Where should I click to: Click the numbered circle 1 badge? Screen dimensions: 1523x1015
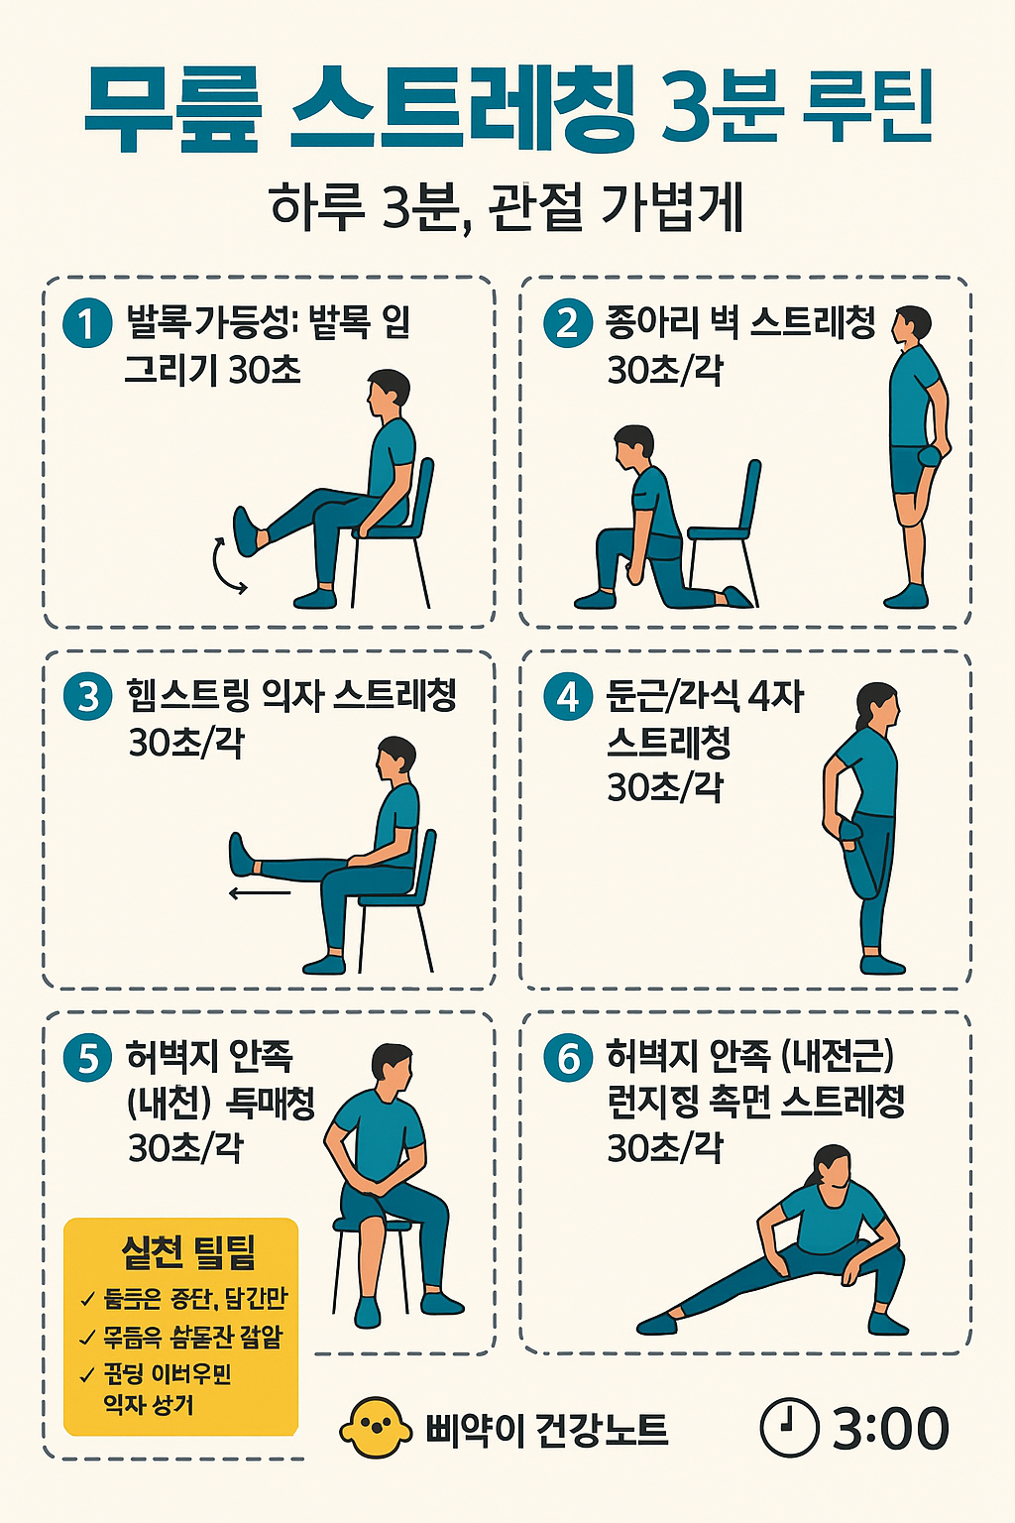[x=87, y=323]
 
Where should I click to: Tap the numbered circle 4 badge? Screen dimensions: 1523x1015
[x=568, y=696]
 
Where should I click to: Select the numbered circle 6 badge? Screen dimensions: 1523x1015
[x=568, y=1058]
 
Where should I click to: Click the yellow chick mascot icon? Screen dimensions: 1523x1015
[x=375, y=1429]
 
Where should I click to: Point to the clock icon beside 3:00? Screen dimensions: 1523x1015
[x=789, y=1428]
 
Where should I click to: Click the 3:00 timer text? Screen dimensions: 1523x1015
[x=890, y=1429]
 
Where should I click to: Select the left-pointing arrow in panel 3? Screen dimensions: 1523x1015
[x=260, y=893]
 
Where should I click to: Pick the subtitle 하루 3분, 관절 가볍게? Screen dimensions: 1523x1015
[x=507, y=207]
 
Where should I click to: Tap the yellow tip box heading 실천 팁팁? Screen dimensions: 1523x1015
[x=188, y=1252]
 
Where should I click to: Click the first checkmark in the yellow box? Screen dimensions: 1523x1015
[x=87, y=1300]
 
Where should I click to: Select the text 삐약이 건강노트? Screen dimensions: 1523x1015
[x=546, y=1430]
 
